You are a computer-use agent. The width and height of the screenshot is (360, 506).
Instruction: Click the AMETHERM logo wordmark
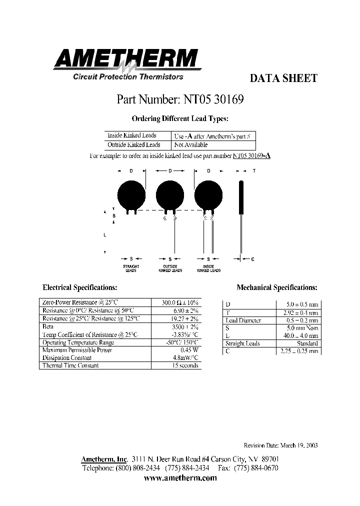(x=127, y=59)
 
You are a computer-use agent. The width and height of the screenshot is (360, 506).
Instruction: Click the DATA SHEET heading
(x=283, y=78)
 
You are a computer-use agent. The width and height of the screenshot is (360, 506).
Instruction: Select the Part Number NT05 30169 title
(x=180, y=99)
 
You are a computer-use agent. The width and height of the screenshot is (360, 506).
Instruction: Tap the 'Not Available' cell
(x=190, y=145)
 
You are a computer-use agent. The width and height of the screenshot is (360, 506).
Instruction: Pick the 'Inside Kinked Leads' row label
(x=132, y=135)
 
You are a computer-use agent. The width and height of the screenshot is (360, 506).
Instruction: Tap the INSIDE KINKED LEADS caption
(x=208, y=268)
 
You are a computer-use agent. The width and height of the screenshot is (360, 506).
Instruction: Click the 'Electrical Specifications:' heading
(x=80, y=287)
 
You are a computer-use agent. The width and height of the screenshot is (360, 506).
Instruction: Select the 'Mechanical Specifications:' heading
(x=277, y=287)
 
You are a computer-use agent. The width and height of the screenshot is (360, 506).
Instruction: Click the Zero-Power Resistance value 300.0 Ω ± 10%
(x=179, y=303)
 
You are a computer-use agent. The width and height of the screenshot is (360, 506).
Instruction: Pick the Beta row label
(x=48, y=326)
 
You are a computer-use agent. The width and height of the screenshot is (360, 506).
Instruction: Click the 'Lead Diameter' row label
(x=243, y=320)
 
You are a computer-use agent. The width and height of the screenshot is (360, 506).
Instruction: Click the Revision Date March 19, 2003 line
(x=280, y=445)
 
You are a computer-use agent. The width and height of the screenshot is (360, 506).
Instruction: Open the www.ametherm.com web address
(x=180, y=478)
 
